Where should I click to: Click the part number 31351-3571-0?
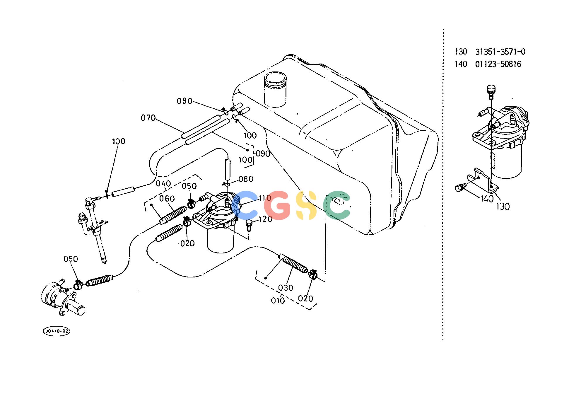[x=500, y=52]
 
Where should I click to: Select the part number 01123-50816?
[x=498, y=64]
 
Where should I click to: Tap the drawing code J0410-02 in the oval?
[x=57, y=331]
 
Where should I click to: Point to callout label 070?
[x=148, y=118]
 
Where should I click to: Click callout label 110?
[x=265, y=198]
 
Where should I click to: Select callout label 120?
[x=265, y=219]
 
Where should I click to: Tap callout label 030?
[x=286, y=288]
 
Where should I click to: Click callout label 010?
[x=278, y=301]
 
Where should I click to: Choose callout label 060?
[x=167, y=199]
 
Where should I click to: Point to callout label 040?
[x=163, y=184]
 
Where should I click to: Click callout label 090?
[x=263, y=154]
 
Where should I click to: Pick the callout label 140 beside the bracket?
[x=487, y=199]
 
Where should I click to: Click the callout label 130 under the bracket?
[x=503, y=207]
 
